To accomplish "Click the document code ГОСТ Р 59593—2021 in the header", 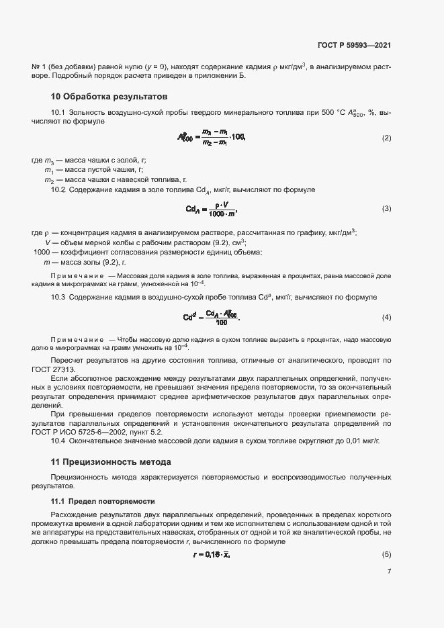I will click(x=354, y=46).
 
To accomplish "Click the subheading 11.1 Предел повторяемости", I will click(x=103, y=501).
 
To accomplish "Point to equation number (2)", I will click(x=386, y=138).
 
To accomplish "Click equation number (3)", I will click(x=386, y=209).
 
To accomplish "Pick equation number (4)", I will click(x=386, y=317).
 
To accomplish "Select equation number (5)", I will click(x=386, y=554).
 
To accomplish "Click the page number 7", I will click(x=389, y=572).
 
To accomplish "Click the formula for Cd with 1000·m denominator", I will click(x=212, y=209).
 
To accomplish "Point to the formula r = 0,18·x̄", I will click(x=212, y=554).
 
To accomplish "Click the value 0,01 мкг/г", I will click(x=363, y=441).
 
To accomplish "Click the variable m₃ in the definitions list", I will click(x=48, y=161).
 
